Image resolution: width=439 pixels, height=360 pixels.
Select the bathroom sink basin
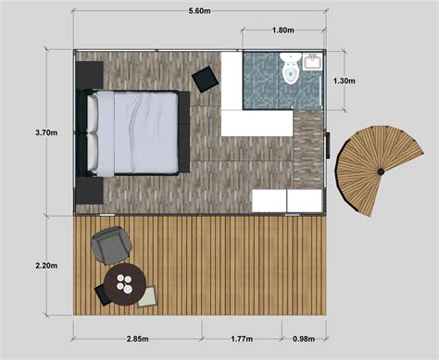click(x=313, y=63)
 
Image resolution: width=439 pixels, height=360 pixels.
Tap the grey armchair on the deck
click(x=111, y=245)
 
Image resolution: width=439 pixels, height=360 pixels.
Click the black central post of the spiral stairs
click(x=381, y=171)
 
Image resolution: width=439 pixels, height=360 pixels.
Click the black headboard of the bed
click(x=91, y=131)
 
